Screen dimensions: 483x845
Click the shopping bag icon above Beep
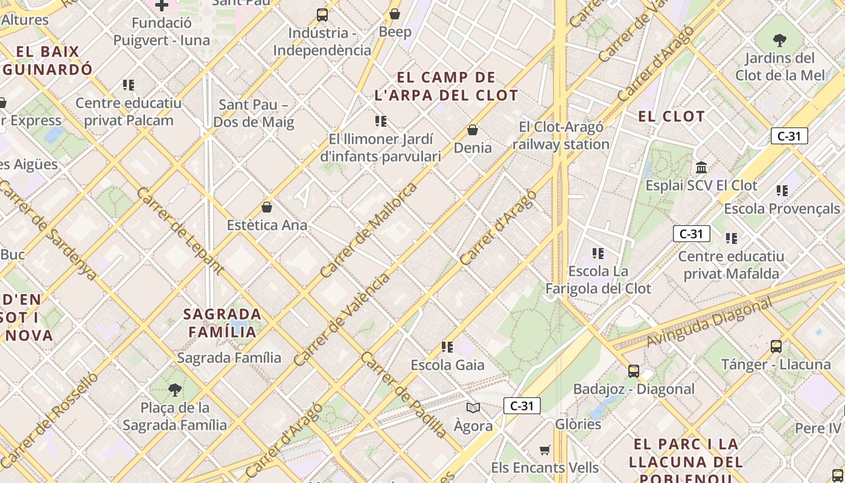pos(395,14)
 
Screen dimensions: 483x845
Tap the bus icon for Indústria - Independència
pos(322,15)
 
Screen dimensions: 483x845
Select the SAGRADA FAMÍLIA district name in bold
pos(222,323)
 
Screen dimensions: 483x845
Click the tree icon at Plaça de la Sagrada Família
pos(175,389)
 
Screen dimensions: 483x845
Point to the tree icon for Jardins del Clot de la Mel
pos(779,40)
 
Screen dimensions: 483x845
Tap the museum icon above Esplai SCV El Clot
pos(701,167)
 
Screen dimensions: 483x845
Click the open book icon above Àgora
pos(473,408)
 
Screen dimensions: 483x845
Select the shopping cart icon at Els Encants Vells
pos(544,450)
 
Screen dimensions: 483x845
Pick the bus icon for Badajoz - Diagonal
pos(633,371)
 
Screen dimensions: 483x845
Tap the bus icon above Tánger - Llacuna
pos(776,347)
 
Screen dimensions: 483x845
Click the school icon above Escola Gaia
pos(447,347)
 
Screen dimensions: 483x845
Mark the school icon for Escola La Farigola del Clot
pos(598,254)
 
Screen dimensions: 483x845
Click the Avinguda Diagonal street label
pos(709,323)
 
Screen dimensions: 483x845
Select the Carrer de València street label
pos(342,320)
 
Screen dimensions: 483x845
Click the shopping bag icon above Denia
pos(473,130)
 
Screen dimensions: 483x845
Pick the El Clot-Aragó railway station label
pos(561,135)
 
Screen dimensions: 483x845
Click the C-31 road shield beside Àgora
pos(521,406)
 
